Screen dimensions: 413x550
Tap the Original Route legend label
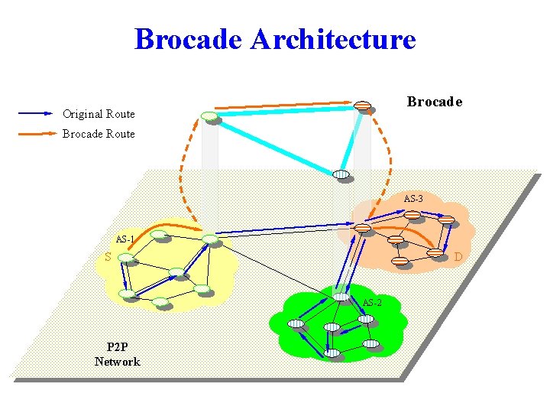click(99, 114)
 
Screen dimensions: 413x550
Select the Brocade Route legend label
click(99, 134)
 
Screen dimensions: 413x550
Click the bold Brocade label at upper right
click(434, 102)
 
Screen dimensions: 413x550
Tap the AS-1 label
click(125, 239)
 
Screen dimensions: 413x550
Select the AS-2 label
click(372, 303)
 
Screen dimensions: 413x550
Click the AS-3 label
click(413, 199)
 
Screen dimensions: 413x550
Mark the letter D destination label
click(458, 257)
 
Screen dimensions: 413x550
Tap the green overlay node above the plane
click(209, 116)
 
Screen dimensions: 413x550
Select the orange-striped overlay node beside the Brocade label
click(362, 106)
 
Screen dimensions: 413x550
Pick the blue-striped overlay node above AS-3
click(341, 174)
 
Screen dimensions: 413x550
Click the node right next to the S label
click(125, 259)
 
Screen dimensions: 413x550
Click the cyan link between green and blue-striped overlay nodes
click(275, 145)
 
